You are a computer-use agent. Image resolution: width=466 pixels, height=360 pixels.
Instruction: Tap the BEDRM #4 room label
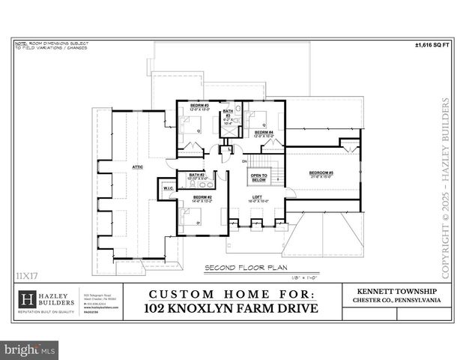[263, 133]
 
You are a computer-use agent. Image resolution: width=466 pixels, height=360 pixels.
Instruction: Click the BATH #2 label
[197, 175]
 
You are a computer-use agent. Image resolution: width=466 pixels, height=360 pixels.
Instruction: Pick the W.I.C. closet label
[168, 188]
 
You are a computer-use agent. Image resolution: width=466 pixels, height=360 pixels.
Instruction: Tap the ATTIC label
[138, 167]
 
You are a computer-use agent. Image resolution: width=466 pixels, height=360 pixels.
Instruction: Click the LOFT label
[257, 198]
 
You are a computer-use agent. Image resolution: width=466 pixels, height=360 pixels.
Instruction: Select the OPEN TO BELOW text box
[258, 178]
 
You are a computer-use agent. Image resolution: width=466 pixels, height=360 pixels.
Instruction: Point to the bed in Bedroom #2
[190, 217]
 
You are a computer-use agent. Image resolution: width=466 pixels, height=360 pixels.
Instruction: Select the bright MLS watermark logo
[30, 349]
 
